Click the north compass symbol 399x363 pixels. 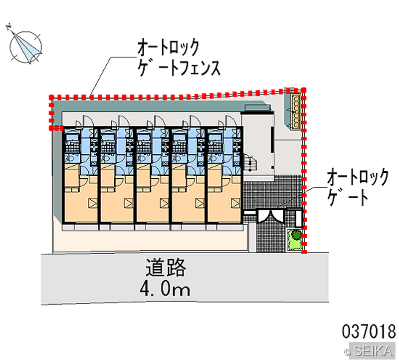point(25,46)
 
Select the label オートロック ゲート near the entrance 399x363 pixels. point(358,187)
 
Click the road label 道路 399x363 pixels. point(166,267)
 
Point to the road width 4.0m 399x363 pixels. point(165,289)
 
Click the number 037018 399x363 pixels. point(369,331)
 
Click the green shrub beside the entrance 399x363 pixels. point(296,234)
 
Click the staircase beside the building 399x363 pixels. point(250,162)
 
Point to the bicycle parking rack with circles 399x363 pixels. point(296,110)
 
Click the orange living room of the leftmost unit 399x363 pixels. point(80,204)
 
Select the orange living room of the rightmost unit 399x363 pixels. point(224,204)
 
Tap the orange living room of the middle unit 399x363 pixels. point(152,204)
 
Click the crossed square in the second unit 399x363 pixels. point(129,203)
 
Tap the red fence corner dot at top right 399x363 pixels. point(304,90)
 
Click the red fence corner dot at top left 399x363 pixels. point(51,97)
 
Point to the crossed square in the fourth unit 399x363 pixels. point(200,203)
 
